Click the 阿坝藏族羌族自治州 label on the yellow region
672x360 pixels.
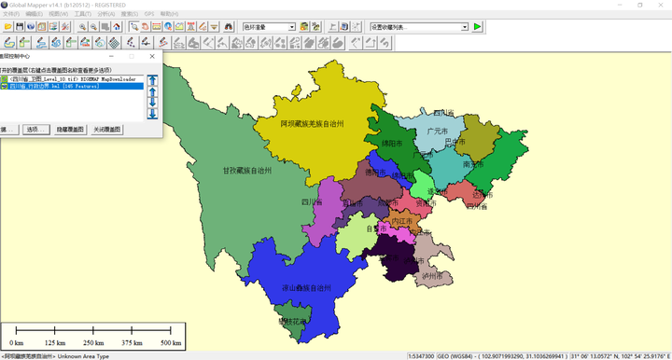313,123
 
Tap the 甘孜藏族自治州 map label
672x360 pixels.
247,171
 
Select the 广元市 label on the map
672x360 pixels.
438,132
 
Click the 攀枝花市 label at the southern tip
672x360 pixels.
292,321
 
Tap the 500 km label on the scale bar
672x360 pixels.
171,342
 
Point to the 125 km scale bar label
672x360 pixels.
54,342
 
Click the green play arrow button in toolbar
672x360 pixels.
477,26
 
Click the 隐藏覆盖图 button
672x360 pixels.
70,130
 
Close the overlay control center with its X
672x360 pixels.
152,56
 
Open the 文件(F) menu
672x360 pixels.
10,14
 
